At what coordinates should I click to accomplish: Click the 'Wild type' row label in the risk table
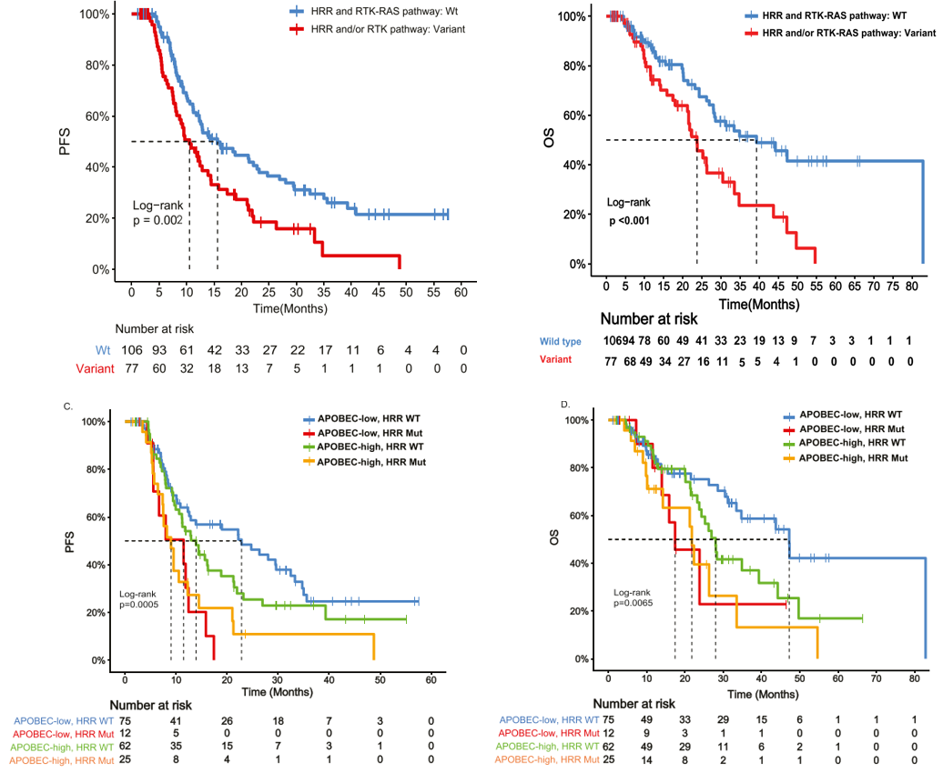(x=562, y=341)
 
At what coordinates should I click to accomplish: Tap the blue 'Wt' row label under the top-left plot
(x=104, y=350)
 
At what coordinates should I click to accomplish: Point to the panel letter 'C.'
(x=68, y=407)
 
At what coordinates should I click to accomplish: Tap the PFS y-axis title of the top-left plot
(x=65, y=142)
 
